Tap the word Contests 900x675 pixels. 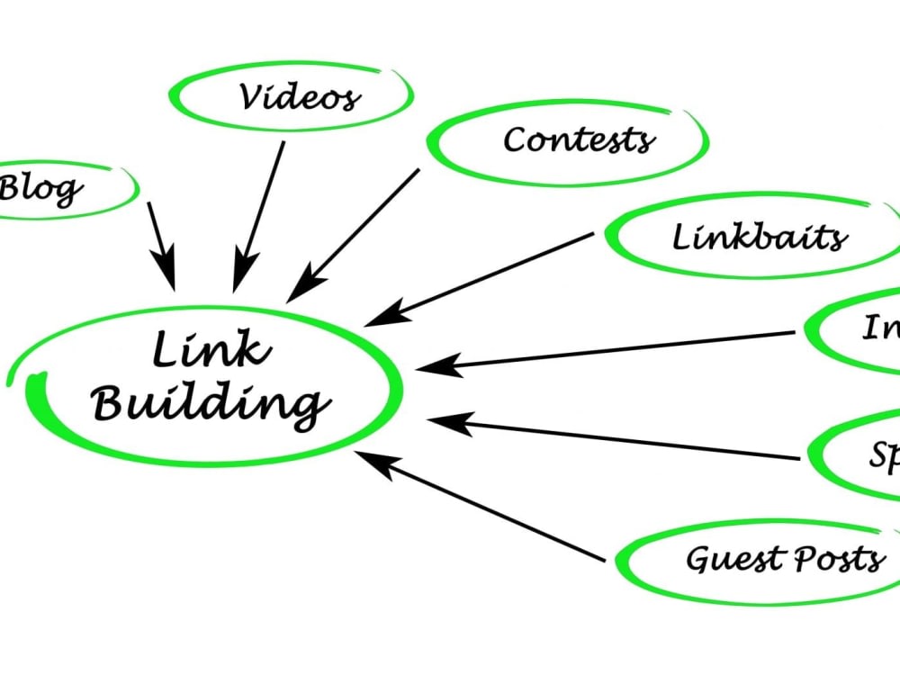pyautogui.click(x=579, y=139)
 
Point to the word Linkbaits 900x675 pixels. pyautogui.click(x=760, y=238)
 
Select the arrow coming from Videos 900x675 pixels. pyautogui.click(x=259, y=216)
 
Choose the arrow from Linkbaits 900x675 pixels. pyautogui.click(x=481, y=279)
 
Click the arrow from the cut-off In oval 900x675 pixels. pyautogui.click(x=612, y=349)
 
